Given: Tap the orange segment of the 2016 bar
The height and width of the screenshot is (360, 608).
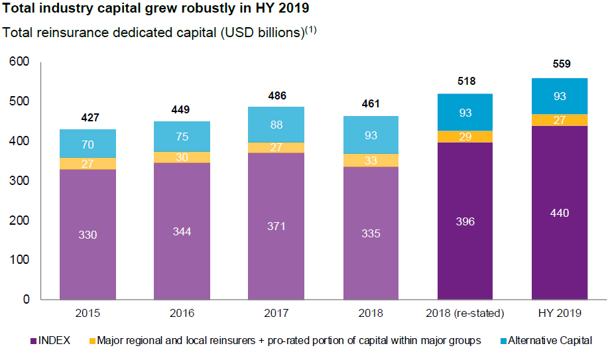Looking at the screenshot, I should (x=182, y=157).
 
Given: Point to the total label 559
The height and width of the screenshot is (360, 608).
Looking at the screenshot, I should (x=560, y=64).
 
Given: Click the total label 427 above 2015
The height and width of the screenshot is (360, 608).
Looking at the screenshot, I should (x=90, y=118).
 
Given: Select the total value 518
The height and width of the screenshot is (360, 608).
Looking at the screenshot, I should (x=466, y=80).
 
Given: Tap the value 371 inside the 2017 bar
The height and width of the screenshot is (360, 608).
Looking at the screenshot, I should (x=276, y=226).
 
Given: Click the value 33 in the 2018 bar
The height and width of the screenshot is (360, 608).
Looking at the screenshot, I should (x=371, y=160).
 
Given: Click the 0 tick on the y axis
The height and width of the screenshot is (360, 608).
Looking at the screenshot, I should (x=27, y=300).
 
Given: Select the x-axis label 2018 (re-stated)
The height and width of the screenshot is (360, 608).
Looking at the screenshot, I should (x=465, y=313).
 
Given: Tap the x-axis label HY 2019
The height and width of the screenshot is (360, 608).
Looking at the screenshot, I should (x=560, y=313).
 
